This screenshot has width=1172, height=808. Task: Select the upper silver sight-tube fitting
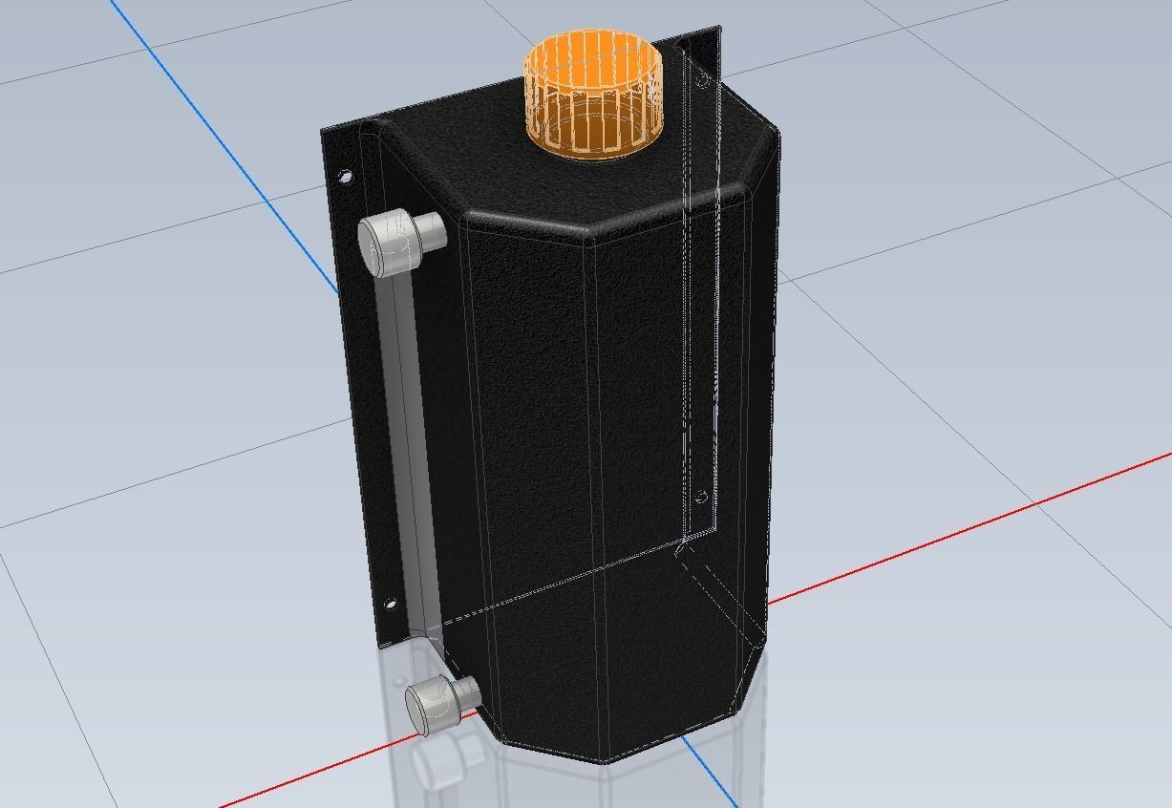coord(388,242)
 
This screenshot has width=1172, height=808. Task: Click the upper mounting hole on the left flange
coord(345,177)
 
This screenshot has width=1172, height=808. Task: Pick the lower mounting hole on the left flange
coord(390,603)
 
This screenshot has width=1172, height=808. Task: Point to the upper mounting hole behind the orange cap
coord(702,81)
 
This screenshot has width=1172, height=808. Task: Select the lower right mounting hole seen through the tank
coord(701,497)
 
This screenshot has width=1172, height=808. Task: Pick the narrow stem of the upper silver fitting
coord(432,230)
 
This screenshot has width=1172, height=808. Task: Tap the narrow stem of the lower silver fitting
coord(465,691)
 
